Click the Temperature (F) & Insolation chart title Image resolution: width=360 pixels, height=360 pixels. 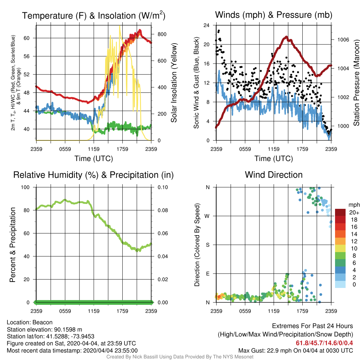click(94, 15)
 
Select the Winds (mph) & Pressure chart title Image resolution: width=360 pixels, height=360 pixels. click(274, 15)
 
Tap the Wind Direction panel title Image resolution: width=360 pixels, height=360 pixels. click(274, 175)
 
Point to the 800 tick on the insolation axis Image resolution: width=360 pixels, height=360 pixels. click(162, 34)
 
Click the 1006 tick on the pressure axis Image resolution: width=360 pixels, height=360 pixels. click(343, 40)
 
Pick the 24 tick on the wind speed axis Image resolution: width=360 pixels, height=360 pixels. click(206, 25)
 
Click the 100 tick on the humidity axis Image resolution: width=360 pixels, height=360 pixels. click(25, 187)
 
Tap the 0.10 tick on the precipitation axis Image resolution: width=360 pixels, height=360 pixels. click(163, 187)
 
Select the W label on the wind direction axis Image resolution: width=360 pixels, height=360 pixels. click(207, 216)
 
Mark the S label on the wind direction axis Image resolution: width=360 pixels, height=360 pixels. click(207, 245)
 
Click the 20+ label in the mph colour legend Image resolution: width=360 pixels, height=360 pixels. click(354, 212)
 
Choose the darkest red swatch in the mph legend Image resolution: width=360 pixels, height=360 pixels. click(340, 212)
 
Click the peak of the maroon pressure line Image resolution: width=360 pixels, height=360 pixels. click(286, 37)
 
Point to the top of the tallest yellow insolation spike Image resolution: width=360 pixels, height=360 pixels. click(120, 26)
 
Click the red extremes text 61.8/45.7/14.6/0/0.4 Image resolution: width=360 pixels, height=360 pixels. click(324, 343)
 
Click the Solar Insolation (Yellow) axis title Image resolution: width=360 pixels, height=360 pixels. click(174, 83)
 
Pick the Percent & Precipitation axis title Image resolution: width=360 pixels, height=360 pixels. click(12, 245)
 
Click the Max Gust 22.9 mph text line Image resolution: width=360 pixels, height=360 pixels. click(296, 351)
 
